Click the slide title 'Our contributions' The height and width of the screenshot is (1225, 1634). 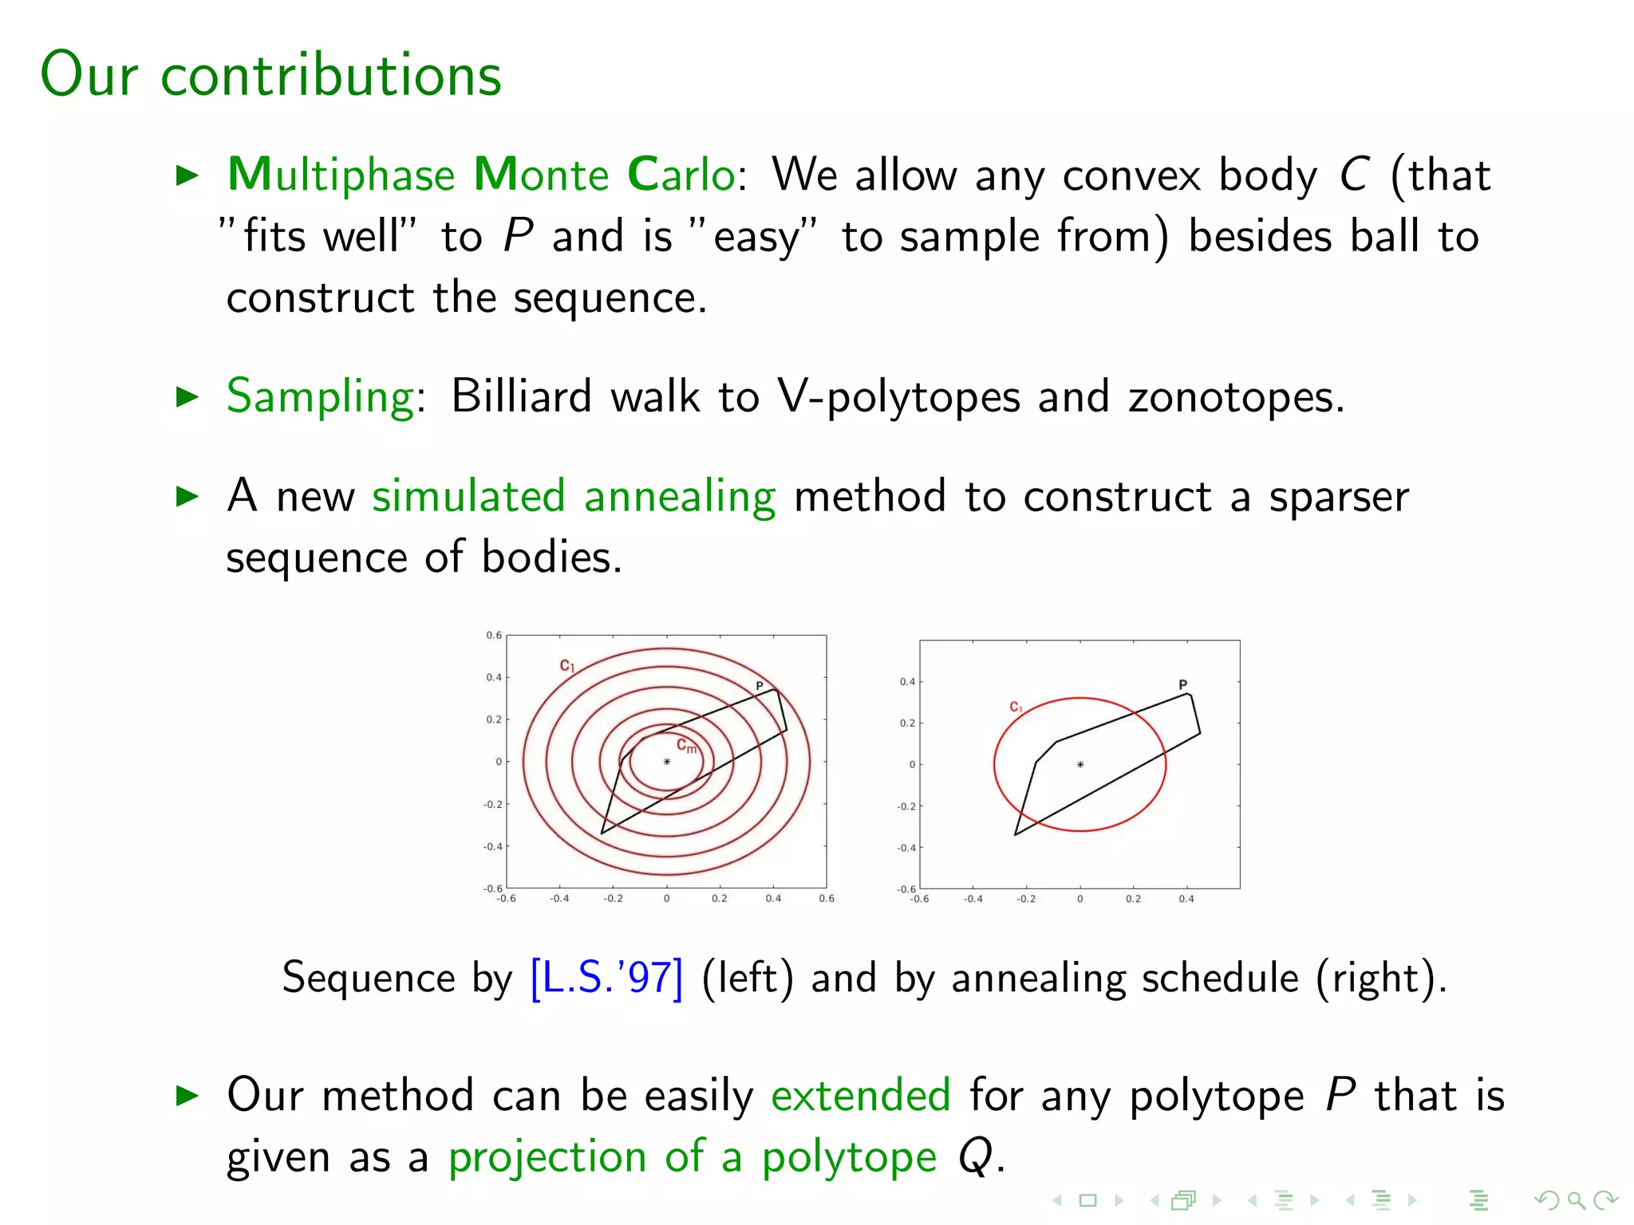pyautogui.click(x=270, y=74)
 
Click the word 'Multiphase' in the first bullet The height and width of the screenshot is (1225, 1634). pyautogui.click(x=341, y=175)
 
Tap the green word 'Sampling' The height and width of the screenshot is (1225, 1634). pyautogui.click(x=320, y=396)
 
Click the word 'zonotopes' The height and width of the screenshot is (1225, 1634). pyautogui.click(x=1235, y=396)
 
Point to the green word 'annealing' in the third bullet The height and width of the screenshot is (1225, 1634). pyautogui.click(x=679, y=496)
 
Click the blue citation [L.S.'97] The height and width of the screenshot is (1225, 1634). pyautogui.click(x=606, y=978)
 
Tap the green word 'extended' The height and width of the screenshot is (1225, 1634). pyautogui.click(x=860, y=1094)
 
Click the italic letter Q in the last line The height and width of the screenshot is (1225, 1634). pyautogui.click(x=975, y=1156)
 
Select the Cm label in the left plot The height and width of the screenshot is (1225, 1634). pyautogui.click(x=686, y=746)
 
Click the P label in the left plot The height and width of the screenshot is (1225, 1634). pyautogui.click(x=760, y=686)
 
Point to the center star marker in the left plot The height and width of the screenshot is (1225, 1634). pyautogui.click(x=667, y=762)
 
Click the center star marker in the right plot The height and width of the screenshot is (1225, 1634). pyautogui.click(x=1080, y=765)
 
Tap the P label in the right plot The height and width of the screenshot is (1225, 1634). pyautogui.click(x=1182, y=685)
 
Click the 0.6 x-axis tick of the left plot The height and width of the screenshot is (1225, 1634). pyautogui.click(x=827, y=899)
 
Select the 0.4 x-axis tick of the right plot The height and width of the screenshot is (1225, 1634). pyautogui.click(x=1186, y=899)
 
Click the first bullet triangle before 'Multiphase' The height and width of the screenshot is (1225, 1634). pyautogui.click(x=187, y=175)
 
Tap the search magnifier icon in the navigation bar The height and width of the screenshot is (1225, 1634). pyautogui.click(x=1576, y=1199)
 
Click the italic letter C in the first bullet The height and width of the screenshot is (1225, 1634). pyautogui.click(x=1354, y=175)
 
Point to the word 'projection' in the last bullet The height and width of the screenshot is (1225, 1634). pyautogui.click(x=547, y=1156)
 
